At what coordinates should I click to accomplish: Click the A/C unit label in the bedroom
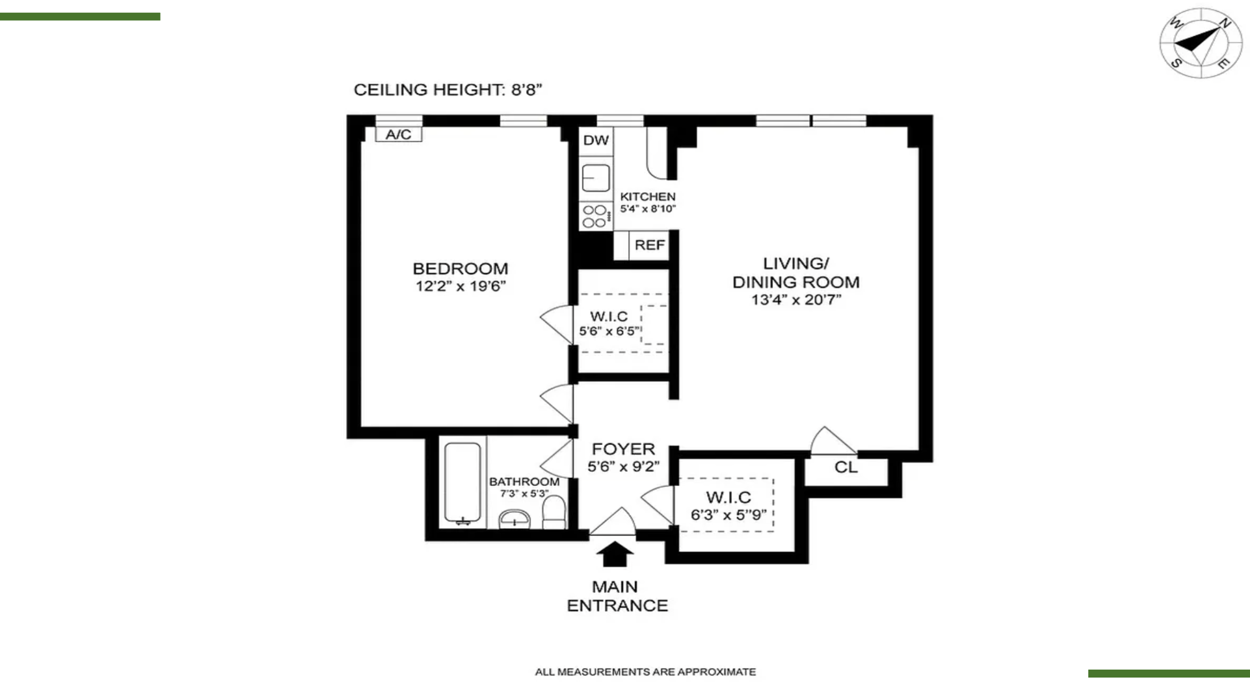(x=398, y=134)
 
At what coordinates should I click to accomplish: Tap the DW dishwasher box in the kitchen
(x=596, y=141)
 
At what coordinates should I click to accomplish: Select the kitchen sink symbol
(x=596, y=178)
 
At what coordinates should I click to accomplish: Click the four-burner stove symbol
(x=596, y=216)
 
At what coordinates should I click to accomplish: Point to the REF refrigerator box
(x=649, y=245)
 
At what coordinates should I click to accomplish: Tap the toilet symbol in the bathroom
(x=554, y=512)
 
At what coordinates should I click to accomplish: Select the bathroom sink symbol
(x=514, y=519)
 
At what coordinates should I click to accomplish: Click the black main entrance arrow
(x=615, y=554)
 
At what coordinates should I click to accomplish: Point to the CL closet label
(x=846, y=467)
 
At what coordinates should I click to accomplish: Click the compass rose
(x=1194, y=43)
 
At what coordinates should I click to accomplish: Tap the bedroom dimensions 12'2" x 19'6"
(x=461, y=286)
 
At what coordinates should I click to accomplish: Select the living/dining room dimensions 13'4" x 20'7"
(x=796, y=300)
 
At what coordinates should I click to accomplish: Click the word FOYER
(x=623, y=449)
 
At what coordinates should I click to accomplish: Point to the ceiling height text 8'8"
(x=527, y=89)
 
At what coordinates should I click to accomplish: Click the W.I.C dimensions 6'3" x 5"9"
(x=729, y=515)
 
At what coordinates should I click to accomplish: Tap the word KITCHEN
(x=648, y=196)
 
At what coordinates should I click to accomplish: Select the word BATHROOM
(x=524, y=482)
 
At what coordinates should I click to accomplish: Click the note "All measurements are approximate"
(x=645, y=672)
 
